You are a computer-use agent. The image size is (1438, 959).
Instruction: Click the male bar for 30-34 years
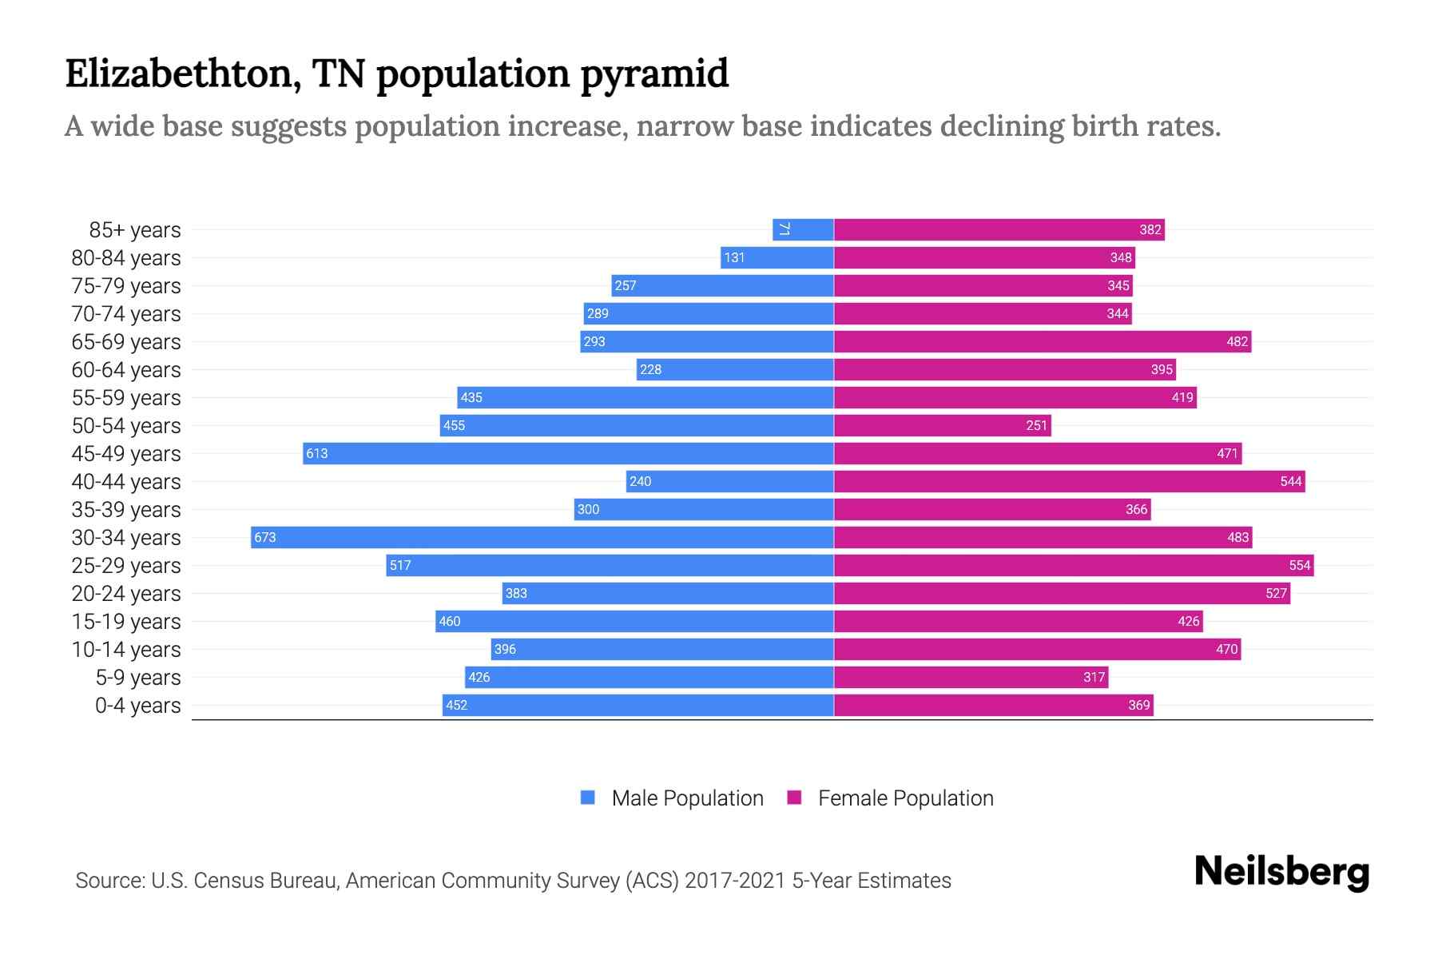click(x=543, y=537)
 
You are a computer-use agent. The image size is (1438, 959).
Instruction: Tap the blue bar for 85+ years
click(x=804, y=229)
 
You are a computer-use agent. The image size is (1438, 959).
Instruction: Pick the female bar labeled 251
click(x=943, y=425)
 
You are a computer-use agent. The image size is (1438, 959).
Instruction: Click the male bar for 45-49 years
click(x=569, y=453)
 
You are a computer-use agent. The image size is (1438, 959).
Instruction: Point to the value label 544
click(x=1290, y=481)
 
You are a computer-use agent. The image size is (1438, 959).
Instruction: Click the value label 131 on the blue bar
click(x=734, y=257)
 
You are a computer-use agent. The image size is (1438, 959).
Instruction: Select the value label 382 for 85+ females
click(x=1150, y=229)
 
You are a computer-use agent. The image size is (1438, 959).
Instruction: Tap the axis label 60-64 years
click(x=126, y=369)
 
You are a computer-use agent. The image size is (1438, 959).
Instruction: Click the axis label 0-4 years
click(x=137, y=705)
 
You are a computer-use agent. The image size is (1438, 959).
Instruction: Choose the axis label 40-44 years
click(x=126, y=481)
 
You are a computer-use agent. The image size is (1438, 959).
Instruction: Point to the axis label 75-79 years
click(x=126, y=285)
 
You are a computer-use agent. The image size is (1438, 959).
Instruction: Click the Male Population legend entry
click(x=687, y=798)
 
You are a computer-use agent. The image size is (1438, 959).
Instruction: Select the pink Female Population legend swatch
click(x=794, y=798)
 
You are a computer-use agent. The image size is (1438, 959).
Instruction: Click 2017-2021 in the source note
click(x=734, y=880)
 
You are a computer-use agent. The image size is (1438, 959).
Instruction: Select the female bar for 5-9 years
click(x=971, y=677)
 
